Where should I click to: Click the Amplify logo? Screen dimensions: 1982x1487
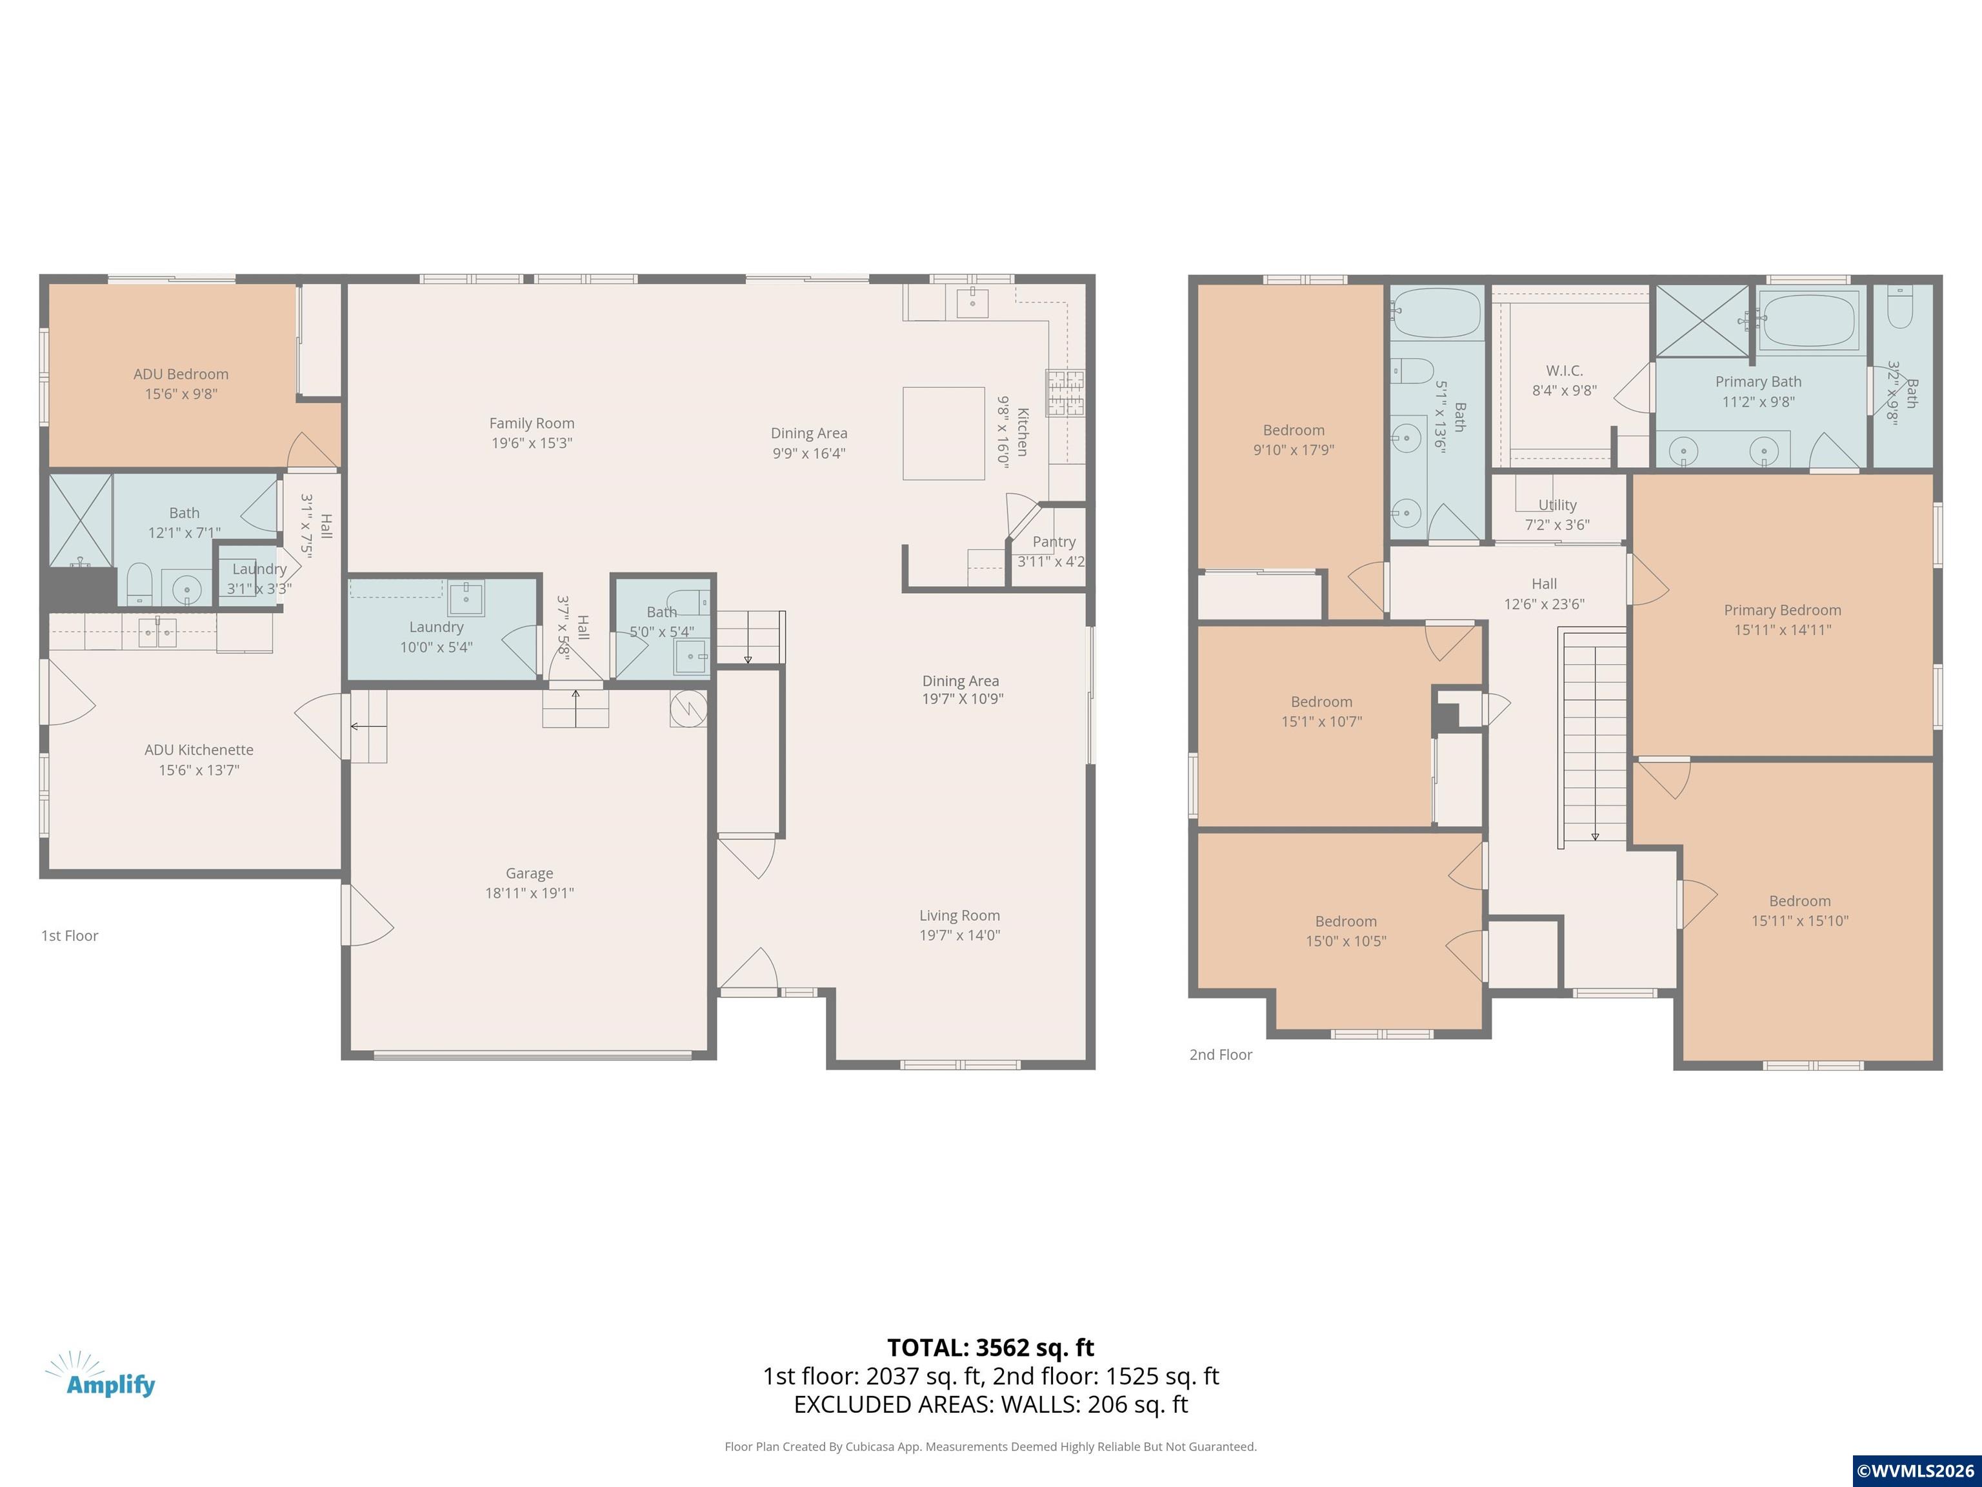coord(101,1374)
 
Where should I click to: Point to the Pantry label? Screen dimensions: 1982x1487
coord(1054,541)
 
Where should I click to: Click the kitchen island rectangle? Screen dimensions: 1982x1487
coord(943,434)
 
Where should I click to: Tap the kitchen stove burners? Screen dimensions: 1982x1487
coord(1065,392)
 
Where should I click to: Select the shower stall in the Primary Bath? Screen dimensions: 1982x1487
coord(1701,321)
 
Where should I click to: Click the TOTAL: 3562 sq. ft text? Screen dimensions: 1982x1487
coord(991,1347)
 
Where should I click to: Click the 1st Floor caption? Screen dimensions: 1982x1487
coord(70,936)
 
